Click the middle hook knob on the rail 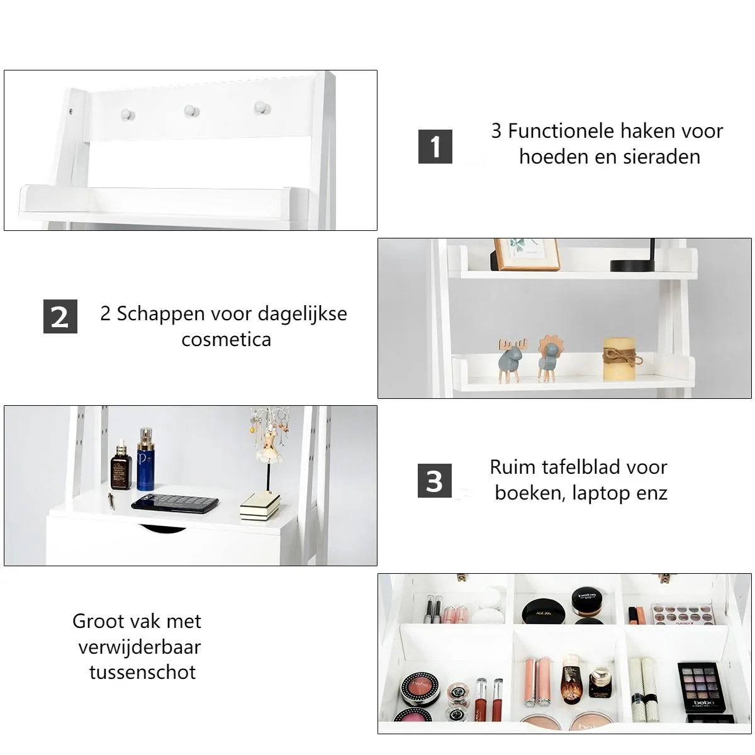point(192,111)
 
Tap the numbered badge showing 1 point(435,146)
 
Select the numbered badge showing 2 point(60,316)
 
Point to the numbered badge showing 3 point(435,481)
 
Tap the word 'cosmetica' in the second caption point(226,339)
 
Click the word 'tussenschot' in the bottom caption point(142,673)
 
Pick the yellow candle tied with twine point(620,359)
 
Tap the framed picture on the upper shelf point(526,254)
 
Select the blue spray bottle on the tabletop point(145,459)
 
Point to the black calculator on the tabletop point(175,503)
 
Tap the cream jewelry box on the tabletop point(260,506)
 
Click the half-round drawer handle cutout point(164,528)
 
